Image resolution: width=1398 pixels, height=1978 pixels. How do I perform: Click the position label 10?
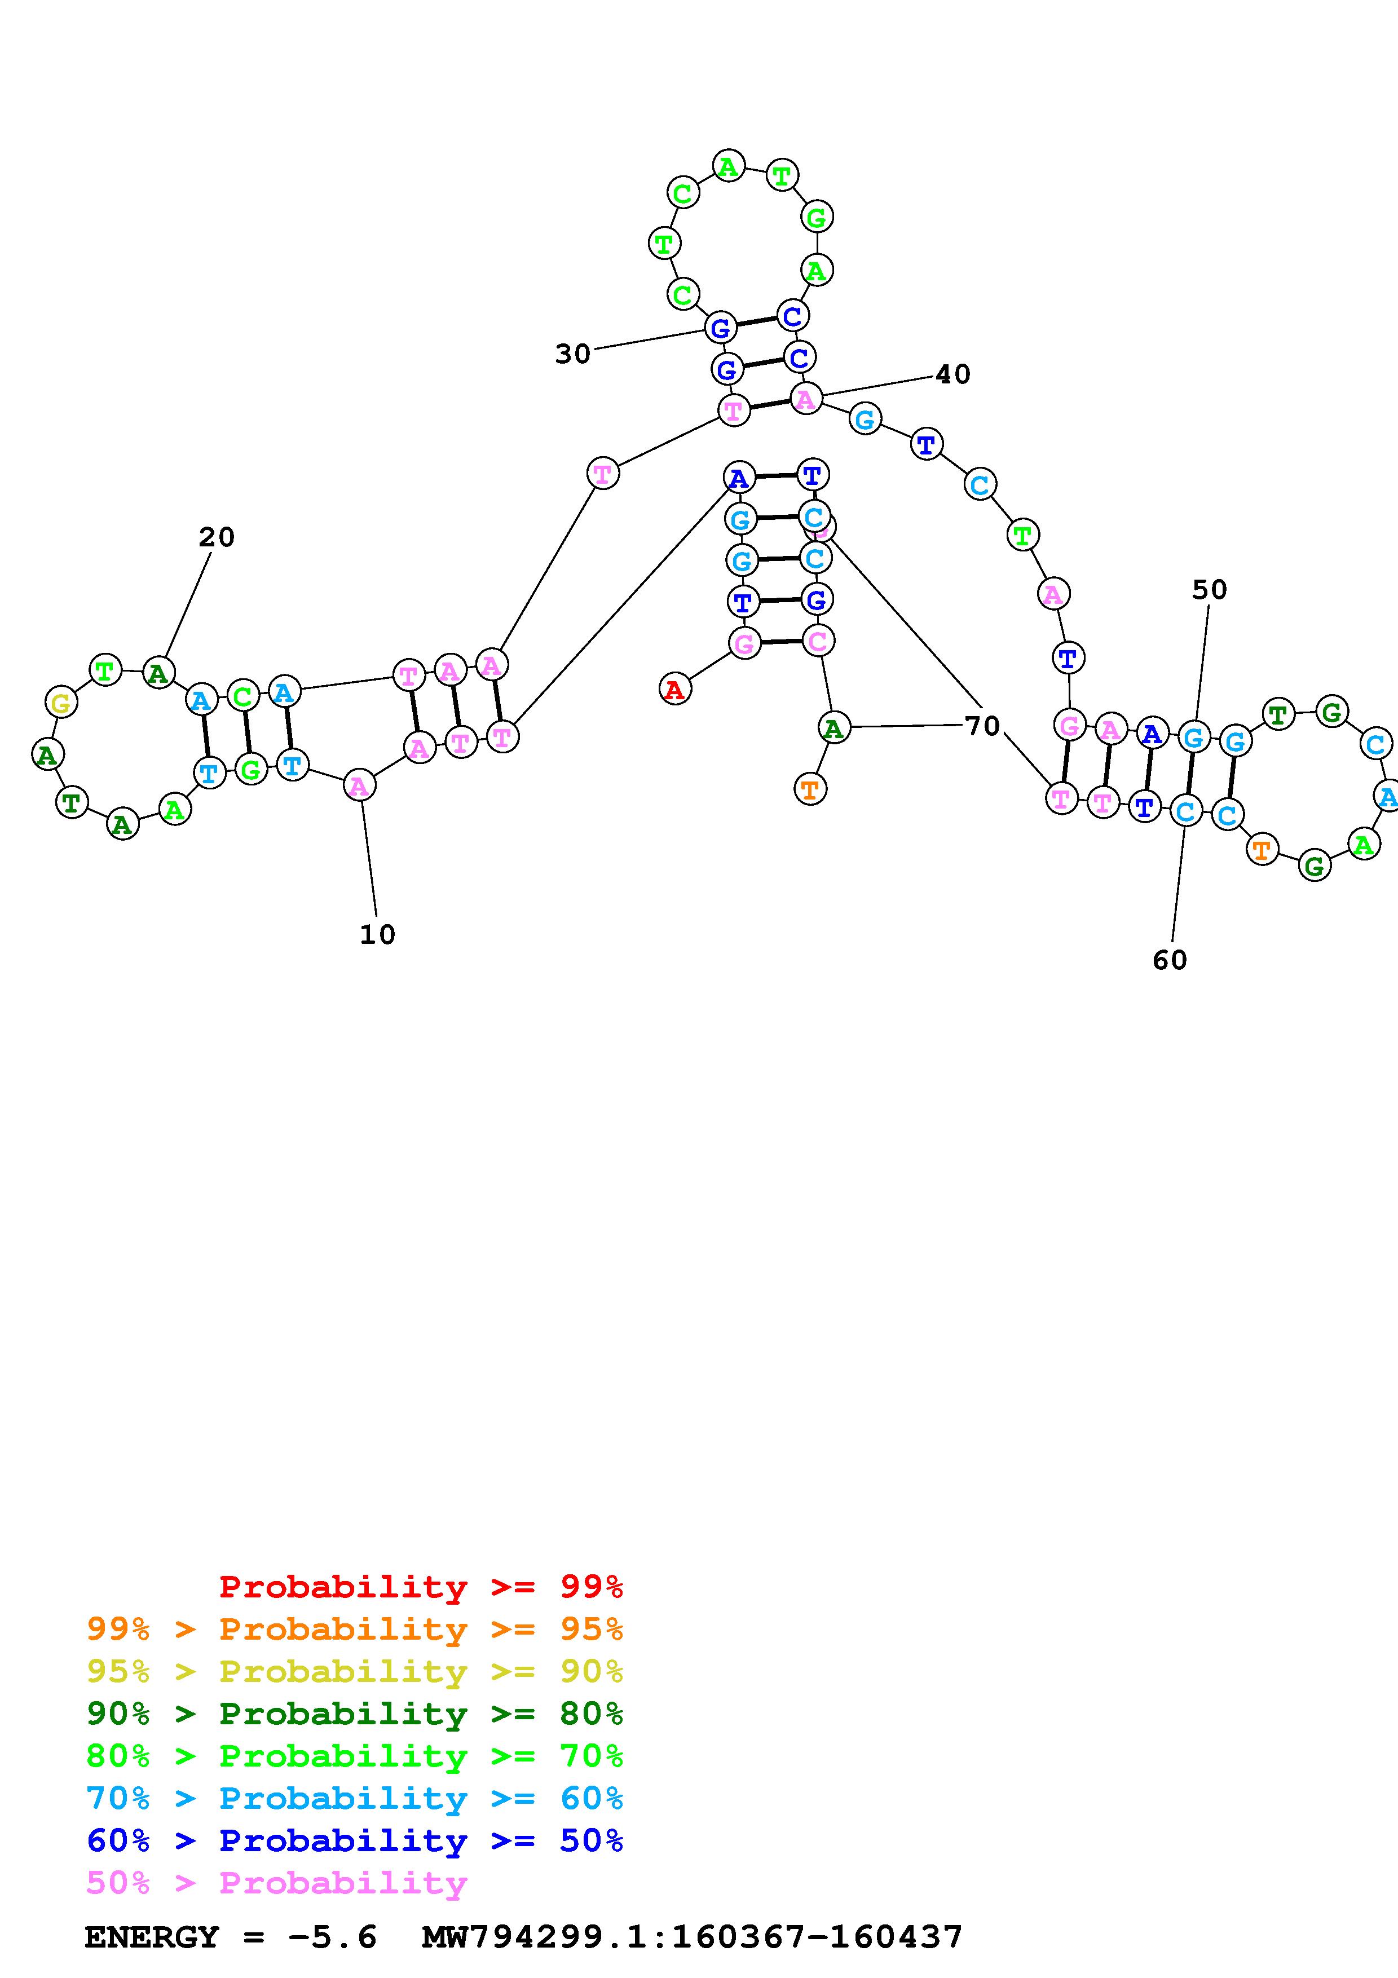click(377, 935)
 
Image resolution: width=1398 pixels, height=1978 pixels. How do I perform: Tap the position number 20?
click(216, 537)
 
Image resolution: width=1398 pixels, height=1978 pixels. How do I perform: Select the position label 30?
click(573, 354)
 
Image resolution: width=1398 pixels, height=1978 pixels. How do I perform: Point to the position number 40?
click(952, 375)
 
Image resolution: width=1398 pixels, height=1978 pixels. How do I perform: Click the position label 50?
click(1209, 590)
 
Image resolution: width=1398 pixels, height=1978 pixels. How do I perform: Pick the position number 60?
click(1170, 961)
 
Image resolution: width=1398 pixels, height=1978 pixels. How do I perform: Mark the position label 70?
click(982, 726)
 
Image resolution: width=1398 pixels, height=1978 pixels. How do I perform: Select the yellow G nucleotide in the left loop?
click(61, 703)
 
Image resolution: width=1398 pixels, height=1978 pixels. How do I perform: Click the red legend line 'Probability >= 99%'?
click(421, 1587)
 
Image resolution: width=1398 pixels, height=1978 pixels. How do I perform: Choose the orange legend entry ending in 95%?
click(355, 1629)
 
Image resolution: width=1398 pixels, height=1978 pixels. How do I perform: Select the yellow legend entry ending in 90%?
click(355, 1671)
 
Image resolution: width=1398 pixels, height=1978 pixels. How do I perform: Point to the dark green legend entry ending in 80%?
click(355, 1714)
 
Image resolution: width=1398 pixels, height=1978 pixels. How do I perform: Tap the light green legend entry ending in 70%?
click(355, 1756)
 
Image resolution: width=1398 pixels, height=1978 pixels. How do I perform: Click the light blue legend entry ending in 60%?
click(355, 1798)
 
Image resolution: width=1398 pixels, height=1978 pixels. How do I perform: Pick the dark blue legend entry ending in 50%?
click(355, 1840)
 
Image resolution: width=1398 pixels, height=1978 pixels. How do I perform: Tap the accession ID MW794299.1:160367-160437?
click(692, 1937)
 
